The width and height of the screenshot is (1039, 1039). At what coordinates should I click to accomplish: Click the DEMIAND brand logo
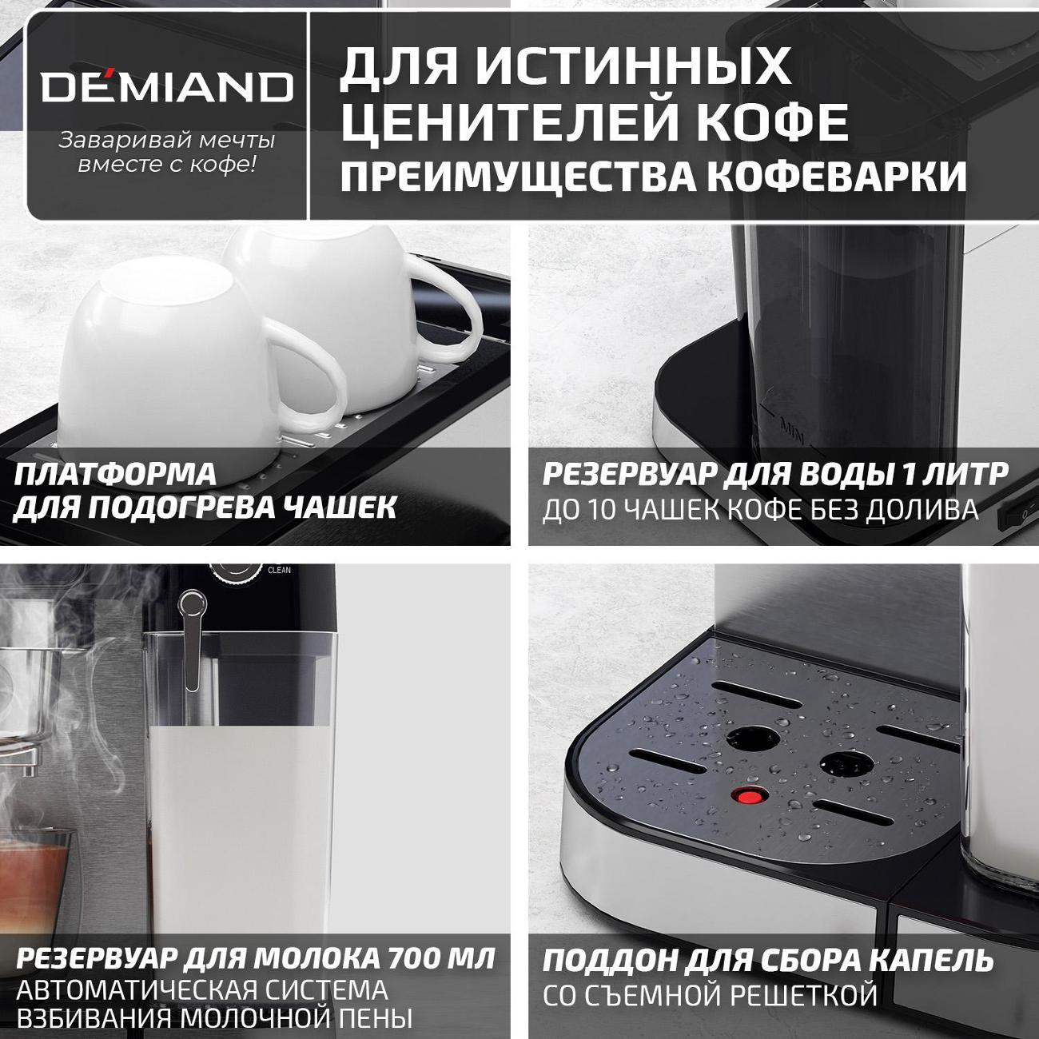(167, 86)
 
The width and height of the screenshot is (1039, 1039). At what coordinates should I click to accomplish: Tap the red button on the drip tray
(749, 796)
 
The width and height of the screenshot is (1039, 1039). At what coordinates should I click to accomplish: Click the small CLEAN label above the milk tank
(279, 571)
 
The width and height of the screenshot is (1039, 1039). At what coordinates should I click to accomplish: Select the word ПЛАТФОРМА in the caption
(116, 473)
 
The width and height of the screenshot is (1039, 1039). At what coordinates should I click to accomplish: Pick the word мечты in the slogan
(237, 141)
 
